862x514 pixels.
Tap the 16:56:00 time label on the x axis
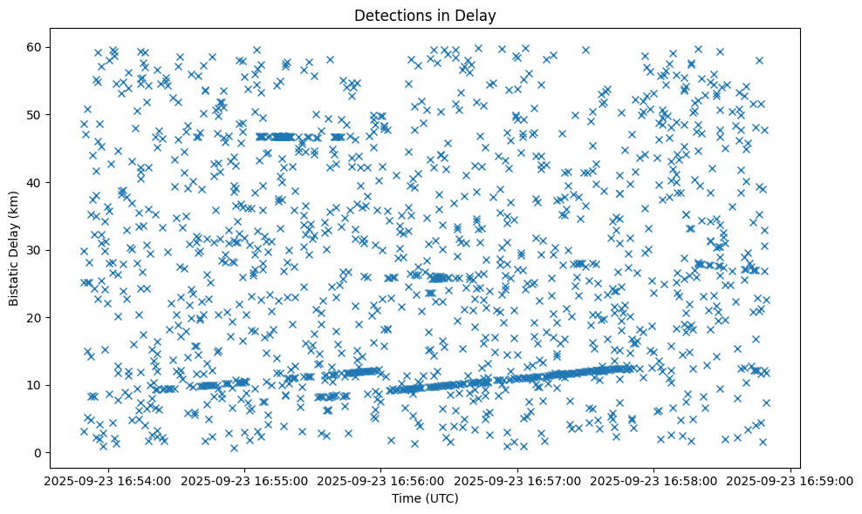[x=380, y=480]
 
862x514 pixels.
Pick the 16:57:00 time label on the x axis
[x=517, y=480]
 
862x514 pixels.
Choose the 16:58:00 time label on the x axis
[x=654, y=480]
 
